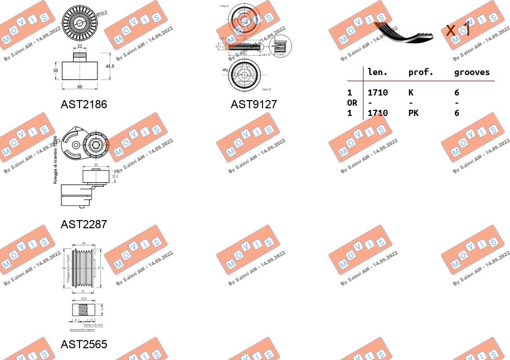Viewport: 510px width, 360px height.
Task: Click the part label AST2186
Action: (84, 105)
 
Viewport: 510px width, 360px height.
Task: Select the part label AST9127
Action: (254, 105)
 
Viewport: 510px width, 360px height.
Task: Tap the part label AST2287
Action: (84, 224)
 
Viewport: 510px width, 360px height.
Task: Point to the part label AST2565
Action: (84, 345)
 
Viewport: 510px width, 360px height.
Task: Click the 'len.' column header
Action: (378, 73)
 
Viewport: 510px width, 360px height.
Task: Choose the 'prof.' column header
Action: (421, 73)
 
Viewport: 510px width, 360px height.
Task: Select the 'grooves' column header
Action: (472, 73)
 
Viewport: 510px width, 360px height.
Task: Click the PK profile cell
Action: (413, 113)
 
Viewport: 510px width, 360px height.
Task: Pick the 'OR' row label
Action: (352, 103)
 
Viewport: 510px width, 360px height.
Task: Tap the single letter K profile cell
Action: (410, 92)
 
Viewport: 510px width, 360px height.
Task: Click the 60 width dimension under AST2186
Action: (80, 87)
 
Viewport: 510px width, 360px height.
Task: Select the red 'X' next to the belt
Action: (451, 30)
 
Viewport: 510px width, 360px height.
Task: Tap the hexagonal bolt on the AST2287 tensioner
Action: (96, 139)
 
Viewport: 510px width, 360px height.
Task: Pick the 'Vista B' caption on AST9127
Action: (267, 89)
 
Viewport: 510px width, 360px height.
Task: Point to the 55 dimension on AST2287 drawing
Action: (96, 165)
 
